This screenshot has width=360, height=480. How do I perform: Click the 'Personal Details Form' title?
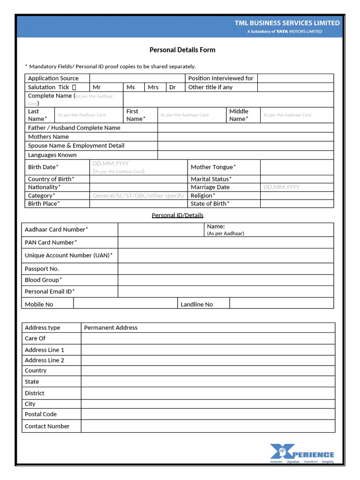click(182, 50)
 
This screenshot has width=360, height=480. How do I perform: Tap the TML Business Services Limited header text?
click(287, 23)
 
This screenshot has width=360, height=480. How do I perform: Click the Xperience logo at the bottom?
click(302, 453)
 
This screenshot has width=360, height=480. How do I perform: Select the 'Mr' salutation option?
click(97, 87)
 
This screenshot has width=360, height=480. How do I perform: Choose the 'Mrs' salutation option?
click(153, 87)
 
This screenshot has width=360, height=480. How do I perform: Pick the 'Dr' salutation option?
click(172, 87)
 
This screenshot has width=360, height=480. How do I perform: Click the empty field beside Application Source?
click(137, 78)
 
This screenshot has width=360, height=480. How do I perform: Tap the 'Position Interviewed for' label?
click(220, 78)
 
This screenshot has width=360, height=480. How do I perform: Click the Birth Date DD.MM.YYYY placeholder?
click(111, 164)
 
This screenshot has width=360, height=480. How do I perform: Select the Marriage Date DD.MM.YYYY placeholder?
click(281, 187)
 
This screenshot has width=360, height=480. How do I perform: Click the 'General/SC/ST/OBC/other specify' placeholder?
click(138, 195)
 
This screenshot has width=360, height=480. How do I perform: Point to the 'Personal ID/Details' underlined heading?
click(178, 215)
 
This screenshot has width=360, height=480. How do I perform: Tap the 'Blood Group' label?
click(43, 280)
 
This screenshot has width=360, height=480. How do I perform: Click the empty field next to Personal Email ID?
click(225, 292)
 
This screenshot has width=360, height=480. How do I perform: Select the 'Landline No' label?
click(196, 304)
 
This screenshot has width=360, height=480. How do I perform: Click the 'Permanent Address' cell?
click(111, 328)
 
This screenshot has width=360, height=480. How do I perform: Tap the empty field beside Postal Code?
click(208, 414)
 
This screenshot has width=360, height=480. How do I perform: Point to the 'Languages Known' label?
click(52, 155)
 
